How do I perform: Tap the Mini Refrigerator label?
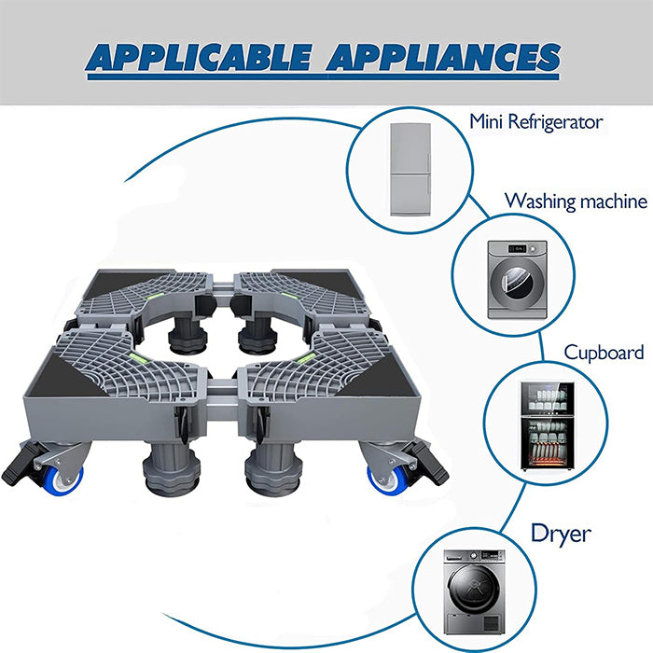tap(535, 121)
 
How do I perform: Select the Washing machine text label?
tap(576, 201)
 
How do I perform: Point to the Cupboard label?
tap(604, 353)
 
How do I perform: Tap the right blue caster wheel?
tap(382, 477)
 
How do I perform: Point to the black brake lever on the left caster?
tap(22, 463)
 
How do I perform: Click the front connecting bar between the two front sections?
tap(225, 384)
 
